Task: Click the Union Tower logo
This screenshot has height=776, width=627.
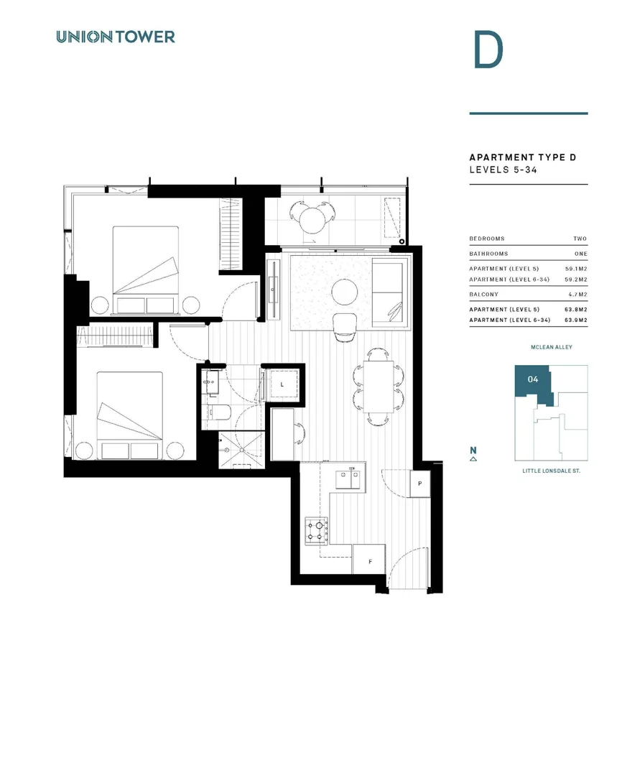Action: [115, 37]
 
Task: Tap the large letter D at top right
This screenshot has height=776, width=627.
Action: [488, 50]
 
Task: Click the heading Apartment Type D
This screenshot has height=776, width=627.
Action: [522, 157]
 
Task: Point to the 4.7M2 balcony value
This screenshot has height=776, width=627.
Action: [578, 295]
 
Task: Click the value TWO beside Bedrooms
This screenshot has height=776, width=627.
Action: [580, 239]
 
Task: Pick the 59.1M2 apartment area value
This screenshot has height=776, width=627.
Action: [576, 268]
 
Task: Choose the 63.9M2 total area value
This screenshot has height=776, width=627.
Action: [576, 320]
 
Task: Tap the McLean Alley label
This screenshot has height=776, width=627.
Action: [551, 348]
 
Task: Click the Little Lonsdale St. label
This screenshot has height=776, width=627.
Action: [550, 471]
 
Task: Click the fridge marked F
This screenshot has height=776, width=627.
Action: [370, 560]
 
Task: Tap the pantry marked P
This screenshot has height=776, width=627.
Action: [420, 484]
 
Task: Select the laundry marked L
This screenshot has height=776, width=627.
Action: [282, 385]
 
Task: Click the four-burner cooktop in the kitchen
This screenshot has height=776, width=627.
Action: [316, 530]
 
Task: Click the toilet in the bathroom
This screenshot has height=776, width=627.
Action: [218, 413]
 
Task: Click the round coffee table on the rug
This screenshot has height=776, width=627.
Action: [345, 292]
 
